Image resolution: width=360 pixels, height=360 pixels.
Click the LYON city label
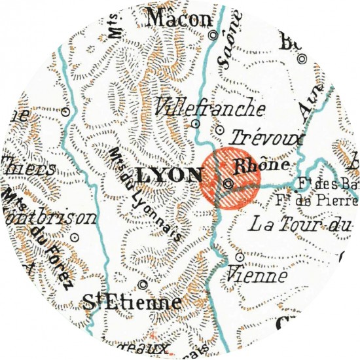click(x=172, y=175)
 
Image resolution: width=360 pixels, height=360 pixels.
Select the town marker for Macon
click(x=211, y=37)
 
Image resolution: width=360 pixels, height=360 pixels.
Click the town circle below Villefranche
click(x=195, y=123)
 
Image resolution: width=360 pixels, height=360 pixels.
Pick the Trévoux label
click(x=260, y=140)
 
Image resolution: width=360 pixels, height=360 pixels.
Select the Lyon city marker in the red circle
click(x=228, y=184)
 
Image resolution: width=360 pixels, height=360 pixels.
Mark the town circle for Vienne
click(x=239, y=257)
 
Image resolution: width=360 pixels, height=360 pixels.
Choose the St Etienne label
click(x=132, y=303)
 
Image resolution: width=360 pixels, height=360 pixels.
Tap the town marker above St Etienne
click(x=143, y=284)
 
